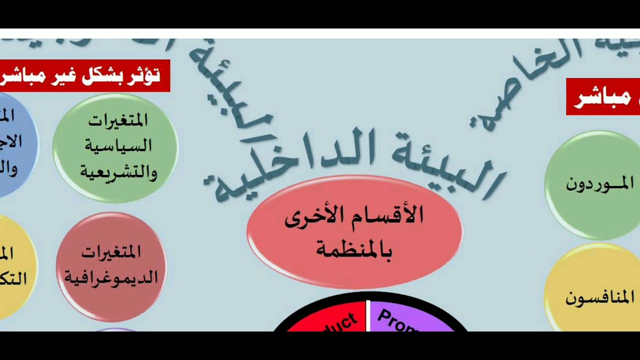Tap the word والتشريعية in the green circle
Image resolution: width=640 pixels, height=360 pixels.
118,172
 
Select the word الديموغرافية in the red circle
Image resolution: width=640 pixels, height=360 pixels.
111,277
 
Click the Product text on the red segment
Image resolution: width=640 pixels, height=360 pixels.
340,322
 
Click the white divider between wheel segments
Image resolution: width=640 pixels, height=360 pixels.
368,315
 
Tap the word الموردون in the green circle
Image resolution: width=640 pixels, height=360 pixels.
599,184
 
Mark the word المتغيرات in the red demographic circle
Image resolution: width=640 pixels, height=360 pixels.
111,252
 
